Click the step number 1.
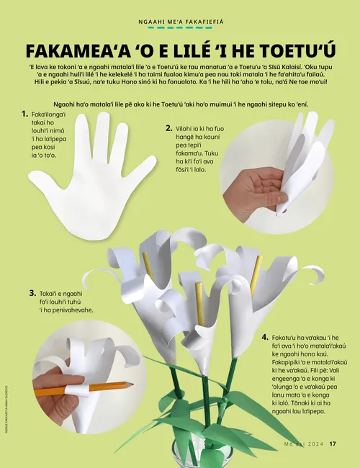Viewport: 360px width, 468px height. (24, 114)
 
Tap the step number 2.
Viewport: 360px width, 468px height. (169, 128)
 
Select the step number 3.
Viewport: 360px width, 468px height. (32, 293)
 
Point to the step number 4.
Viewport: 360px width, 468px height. (265, 337)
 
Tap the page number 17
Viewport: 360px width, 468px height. (333, 444)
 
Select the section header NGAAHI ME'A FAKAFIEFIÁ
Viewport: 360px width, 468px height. (181, 22)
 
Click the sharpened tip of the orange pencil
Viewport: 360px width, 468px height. (132, 384)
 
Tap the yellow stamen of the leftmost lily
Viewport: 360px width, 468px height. (148, 265)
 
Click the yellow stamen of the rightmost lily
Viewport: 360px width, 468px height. (256, 275)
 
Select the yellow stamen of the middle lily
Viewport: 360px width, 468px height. (200, 304)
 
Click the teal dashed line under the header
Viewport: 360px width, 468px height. (180, 28)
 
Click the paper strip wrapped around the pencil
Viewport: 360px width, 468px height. (77, 390)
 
